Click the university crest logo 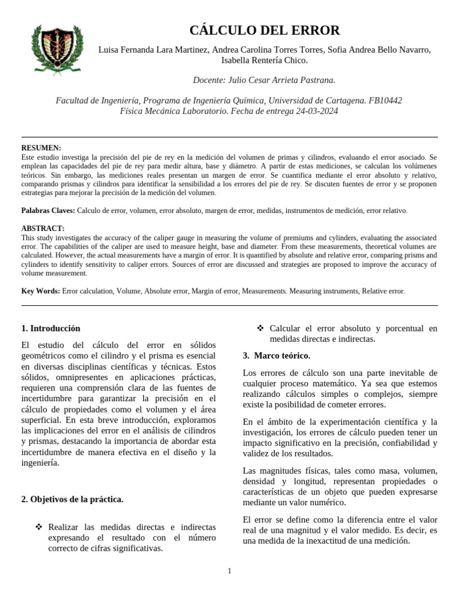pyautogui.click(x=53, y=49)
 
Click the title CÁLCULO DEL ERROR pyautogui.click(x=264, y=31)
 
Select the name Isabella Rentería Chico pyautogui.click(x=264, y=60)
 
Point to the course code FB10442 pyautogui.click(x=385, y=101)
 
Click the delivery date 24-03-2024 pyautogui.click(x=317, y=111)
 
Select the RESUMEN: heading pyautogui.click(x=41, y=148)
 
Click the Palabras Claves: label pyautogui.click(x=48, y=211)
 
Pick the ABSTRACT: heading pyautogui.click(x=43, y=229)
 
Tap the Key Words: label pyautogui.click(x=41, y=291)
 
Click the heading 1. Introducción pyautogui.click(x=51, y=329)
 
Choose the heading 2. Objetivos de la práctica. pyautogui.click(x=72, y=499)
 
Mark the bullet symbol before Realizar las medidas pyautogui.click(x=39, y=527)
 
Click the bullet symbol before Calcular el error pyautogui.click(x=260, y=328)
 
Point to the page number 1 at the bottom pyautogui.click(x=229, y=571)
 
